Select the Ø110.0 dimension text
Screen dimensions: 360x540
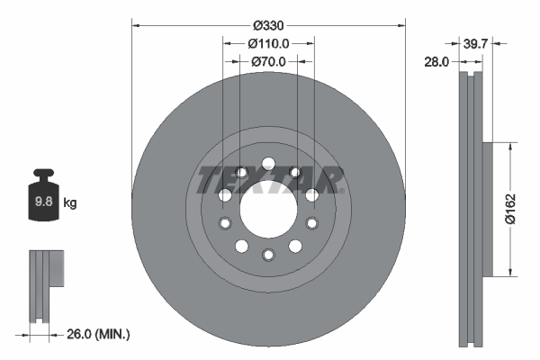[269, 41]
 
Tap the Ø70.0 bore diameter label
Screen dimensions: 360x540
[269, 61]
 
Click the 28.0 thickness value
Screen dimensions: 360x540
[439, 61]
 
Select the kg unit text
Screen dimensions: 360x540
[69, 203]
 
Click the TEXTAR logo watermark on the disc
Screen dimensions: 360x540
[268, 179]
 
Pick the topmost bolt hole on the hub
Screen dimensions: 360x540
[268, 163]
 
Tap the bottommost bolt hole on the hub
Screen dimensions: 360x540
[268, 254]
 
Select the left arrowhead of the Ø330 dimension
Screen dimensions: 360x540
[136, 21]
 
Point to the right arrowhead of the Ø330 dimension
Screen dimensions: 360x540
[401, 21]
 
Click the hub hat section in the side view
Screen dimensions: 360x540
[486, 209]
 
